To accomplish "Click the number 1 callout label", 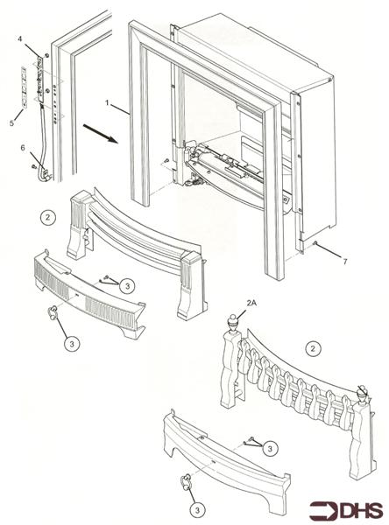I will coord(108,102).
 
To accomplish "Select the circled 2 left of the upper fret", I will coord(48,213).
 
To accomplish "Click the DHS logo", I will coord(350,507).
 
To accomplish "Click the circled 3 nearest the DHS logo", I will coord(271,448).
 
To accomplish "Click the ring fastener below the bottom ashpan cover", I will coord(187,480).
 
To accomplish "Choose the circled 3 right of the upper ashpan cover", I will coord(127,286).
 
